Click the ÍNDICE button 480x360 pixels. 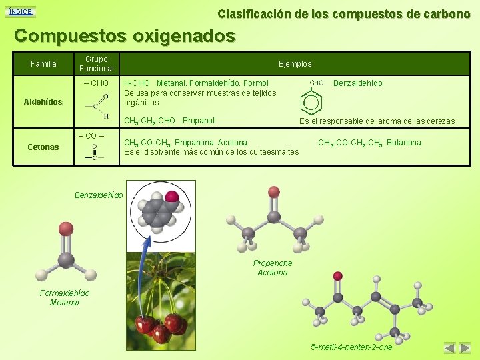coord(19,11)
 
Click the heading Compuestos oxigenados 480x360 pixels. coord(125,35)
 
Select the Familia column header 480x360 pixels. coord(44,64)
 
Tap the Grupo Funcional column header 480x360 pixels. coord(97,64)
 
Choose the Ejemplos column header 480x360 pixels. coord(295,64)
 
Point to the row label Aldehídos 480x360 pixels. coord(43,102)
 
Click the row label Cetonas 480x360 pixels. coord(43,147)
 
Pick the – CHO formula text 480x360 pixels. coord(96,83)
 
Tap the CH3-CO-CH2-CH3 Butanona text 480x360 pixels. coord(369,143)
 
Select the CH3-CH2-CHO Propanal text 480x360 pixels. coord(169,121)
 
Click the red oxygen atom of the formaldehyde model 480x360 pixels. coord(65,229)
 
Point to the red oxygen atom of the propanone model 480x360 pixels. coord(273,192)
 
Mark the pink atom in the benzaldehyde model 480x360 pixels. coord(172,197)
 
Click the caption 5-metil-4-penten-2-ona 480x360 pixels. coord(352,347)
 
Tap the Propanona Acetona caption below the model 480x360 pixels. coord(272,268)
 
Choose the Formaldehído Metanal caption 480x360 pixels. coord(65,298)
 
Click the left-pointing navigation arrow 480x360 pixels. coord(450,348)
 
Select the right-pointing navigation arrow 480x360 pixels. coord(465,348)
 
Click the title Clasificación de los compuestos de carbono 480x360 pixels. coord(343,13)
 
